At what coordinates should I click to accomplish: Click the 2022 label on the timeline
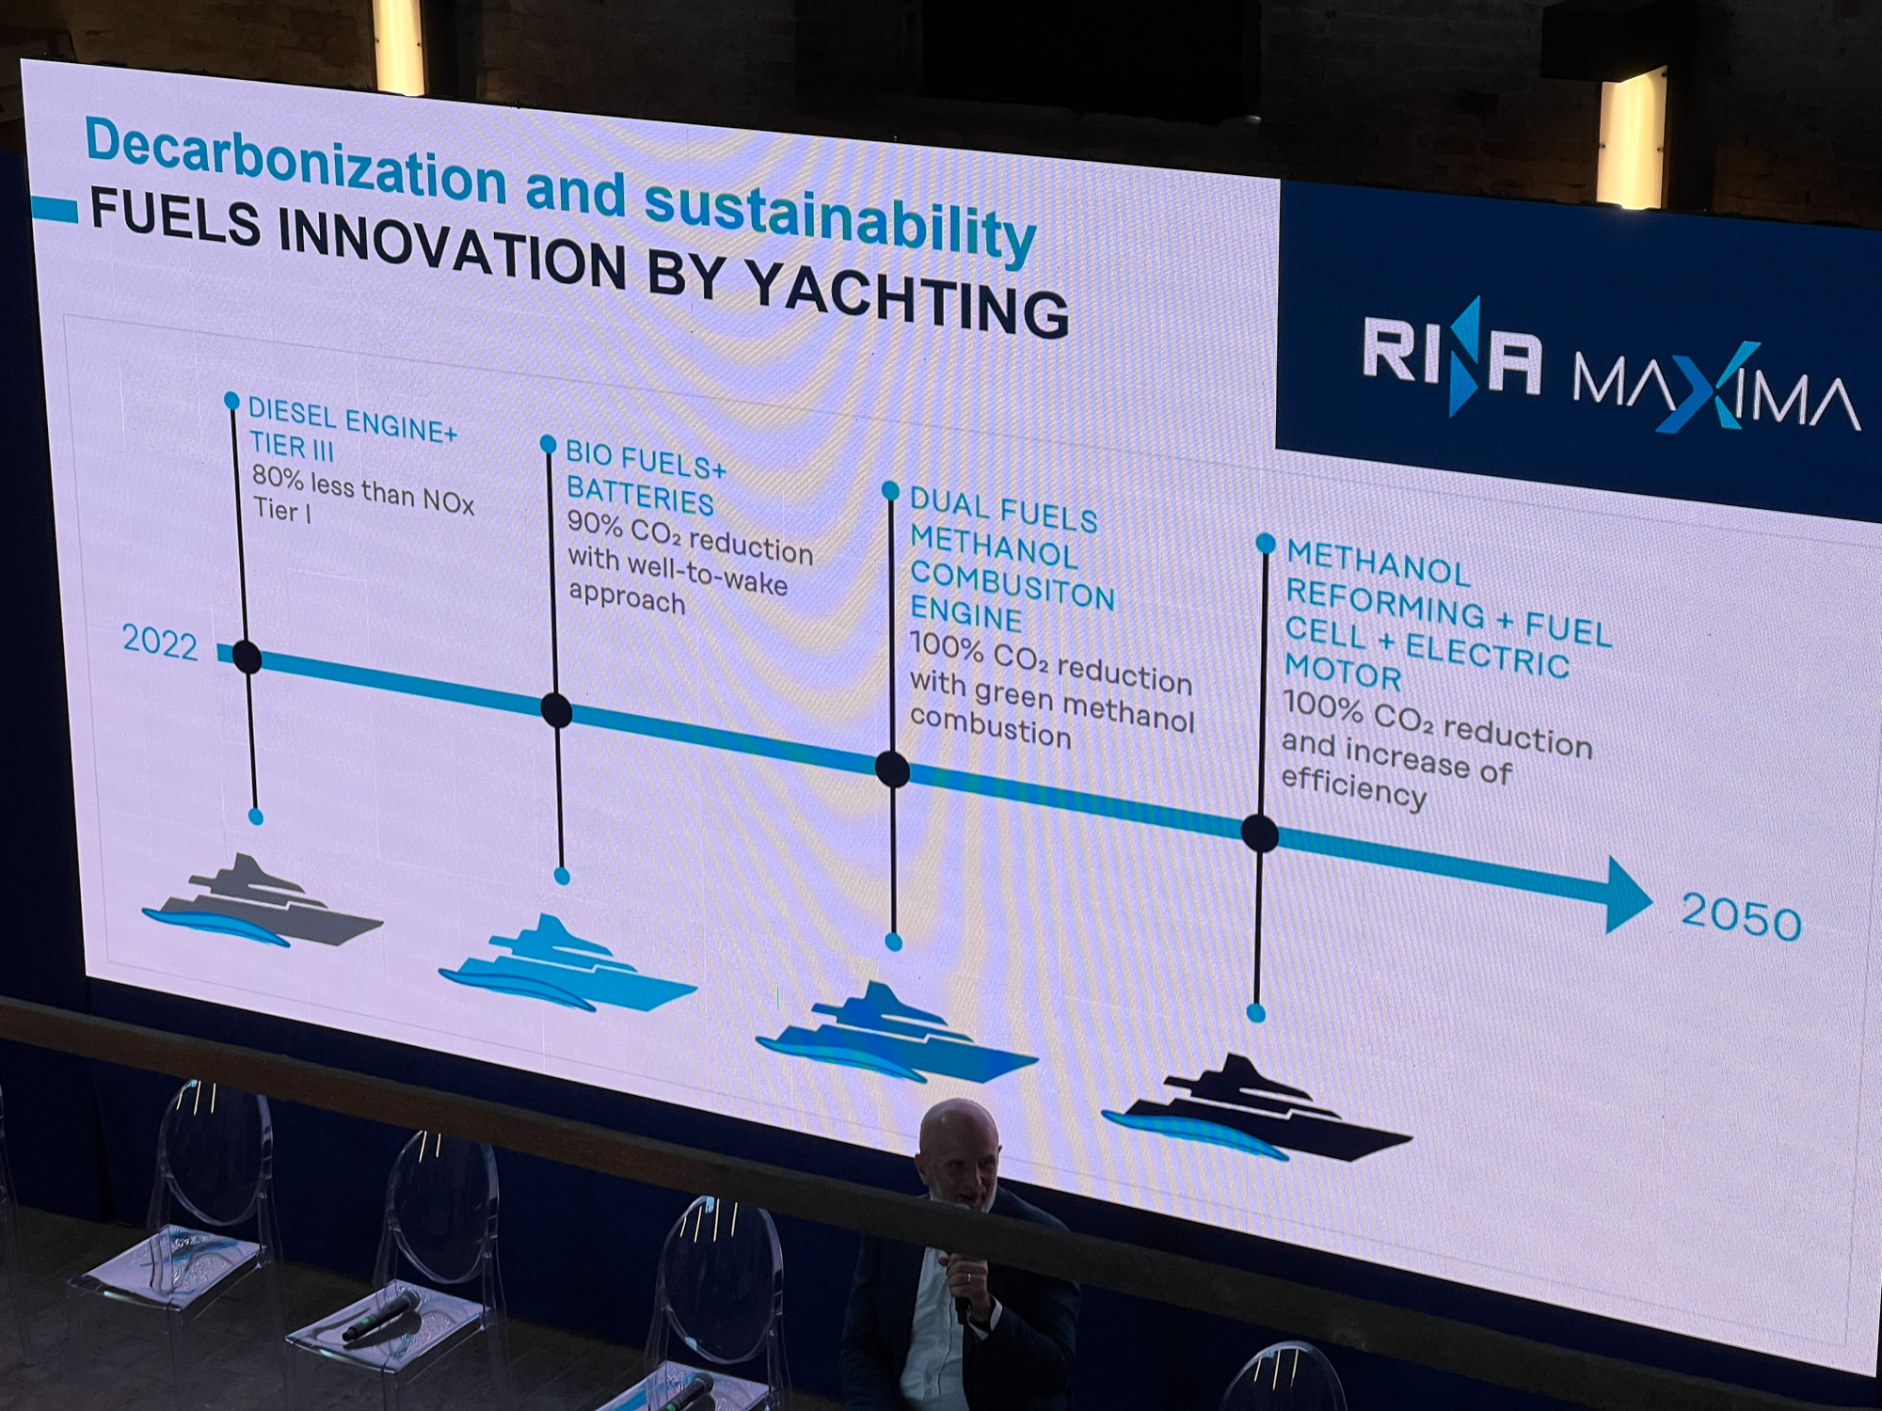click(160, 642)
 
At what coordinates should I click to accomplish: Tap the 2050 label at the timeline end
click(1741, 916)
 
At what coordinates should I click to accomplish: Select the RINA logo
click(1453, 356)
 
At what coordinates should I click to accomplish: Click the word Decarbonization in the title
click(296, 162)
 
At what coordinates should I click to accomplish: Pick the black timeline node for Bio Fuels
click(556, 710)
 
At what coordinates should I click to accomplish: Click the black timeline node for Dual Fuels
click(892, 769)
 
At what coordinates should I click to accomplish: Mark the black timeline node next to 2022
click(247, 657)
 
